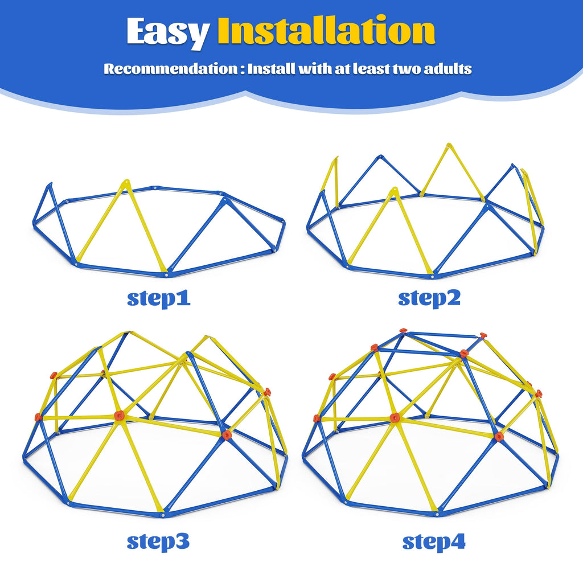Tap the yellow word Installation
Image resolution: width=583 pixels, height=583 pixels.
[326, 32]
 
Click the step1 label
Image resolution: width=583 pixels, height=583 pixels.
[158, 298]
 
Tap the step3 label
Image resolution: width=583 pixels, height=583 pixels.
[158, 541]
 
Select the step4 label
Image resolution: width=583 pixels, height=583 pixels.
[434, 541]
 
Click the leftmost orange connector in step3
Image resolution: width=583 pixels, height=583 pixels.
[38, 417]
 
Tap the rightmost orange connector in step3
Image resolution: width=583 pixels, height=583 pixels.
[267, 392]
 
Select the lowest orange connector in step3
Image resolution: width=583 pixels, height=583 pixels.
[227, 436]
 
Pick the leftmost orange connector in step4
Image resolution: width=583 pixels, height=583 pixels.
[316, 418]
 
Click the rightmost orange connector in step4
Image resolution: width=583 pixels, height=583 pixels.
[538, 393]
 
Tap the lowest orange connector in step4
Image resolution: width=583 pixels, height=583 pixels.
[499, 437]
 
